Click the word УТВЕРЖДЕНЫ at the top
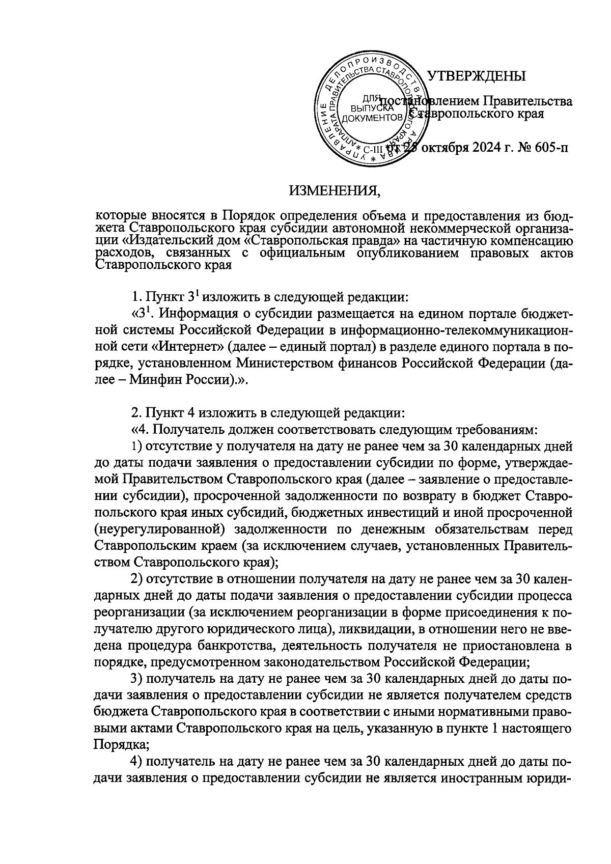(476, 77)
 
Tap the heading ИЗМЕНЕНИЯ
(335, 192)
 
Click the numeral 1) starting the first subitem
(135, 447)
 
